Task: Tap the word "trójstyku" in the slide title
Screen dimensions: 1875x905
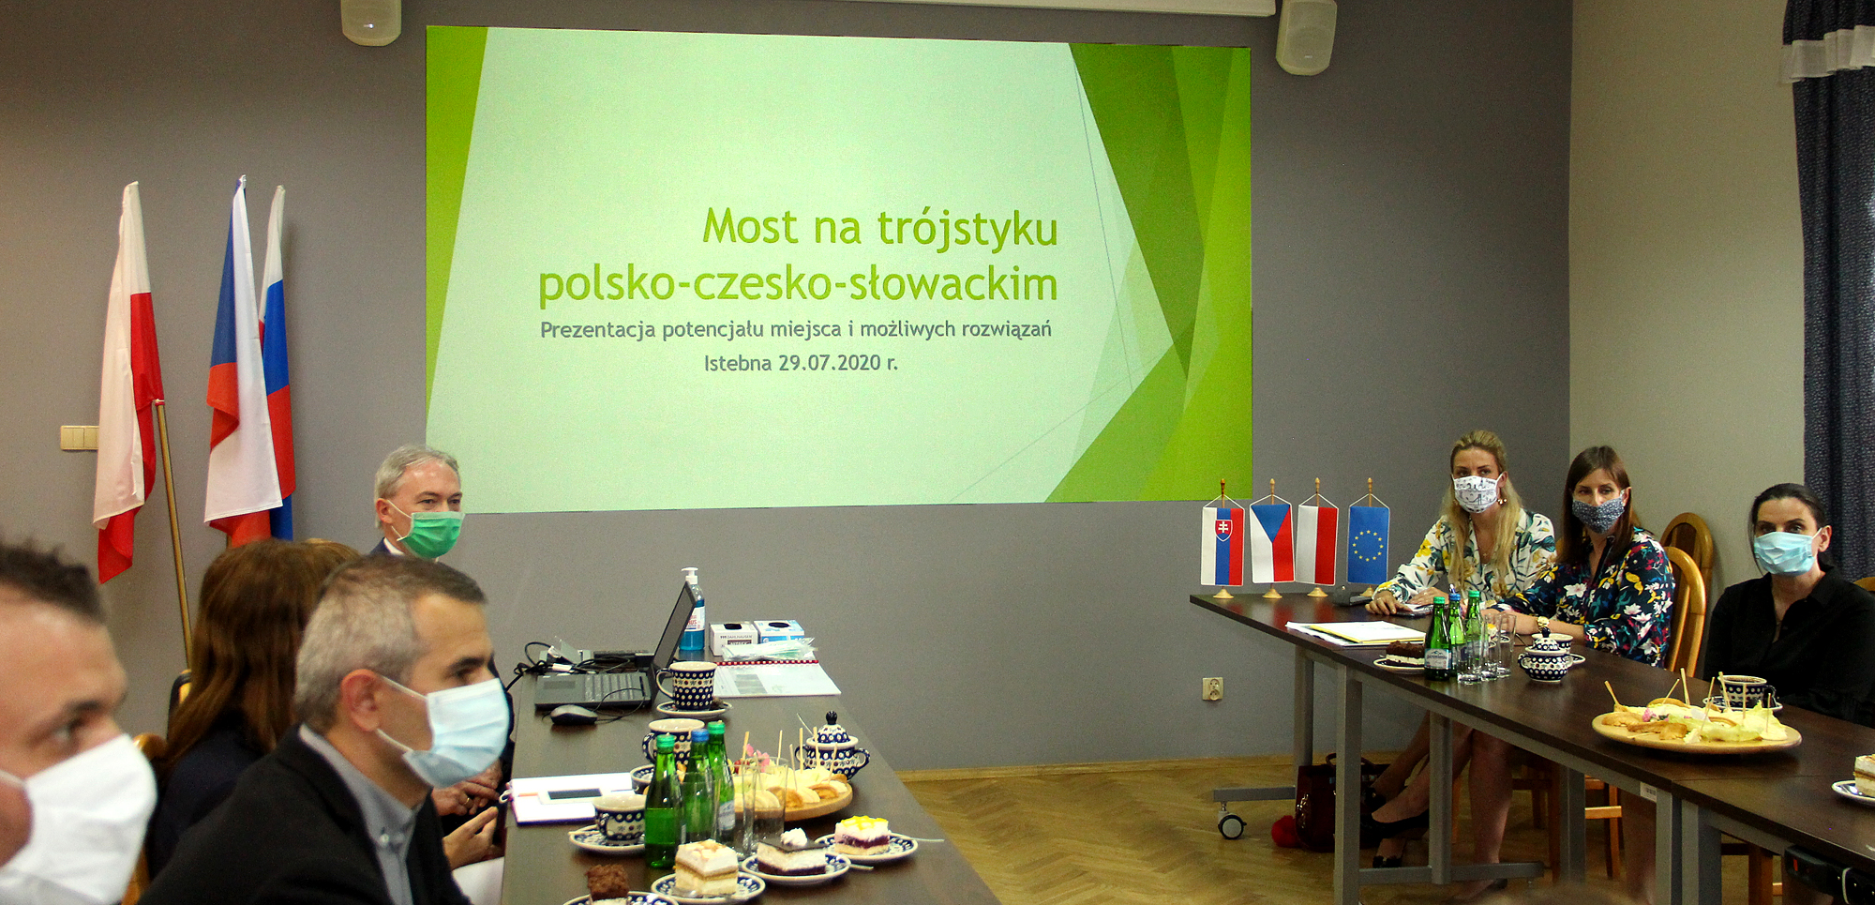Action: tap(967, 230)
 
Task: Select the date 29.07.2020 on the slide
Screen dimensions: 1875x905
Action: tap(830, 362)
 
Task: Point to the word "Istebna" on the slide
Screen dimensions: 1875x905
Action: tap(738, 363)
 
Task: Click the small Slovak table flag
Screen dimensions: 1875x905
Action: tap(1222, 544)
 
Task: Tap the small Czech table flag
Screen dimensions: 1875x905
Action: tap(1271, 542)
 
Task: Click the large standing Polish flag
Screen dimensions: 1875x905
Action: tap(127, 385)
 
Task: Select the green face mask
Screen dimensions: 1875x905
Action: tap(430, 533)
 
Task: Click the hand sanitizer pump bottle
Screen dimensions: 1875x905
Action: tap(692, 611)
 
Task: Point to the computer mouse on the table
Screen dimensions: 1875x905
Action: tap(573, 715)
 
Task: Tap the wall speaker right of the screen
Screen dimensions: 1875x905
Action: tap(1306, 36)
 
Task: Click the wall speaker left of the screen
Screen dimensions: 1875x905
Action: tap(371, 22)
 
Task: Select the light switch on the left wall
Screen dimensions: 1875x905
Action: tap(79, 437)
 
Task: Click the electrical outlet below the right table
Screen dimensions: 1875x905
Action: tap(1213, 689)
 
